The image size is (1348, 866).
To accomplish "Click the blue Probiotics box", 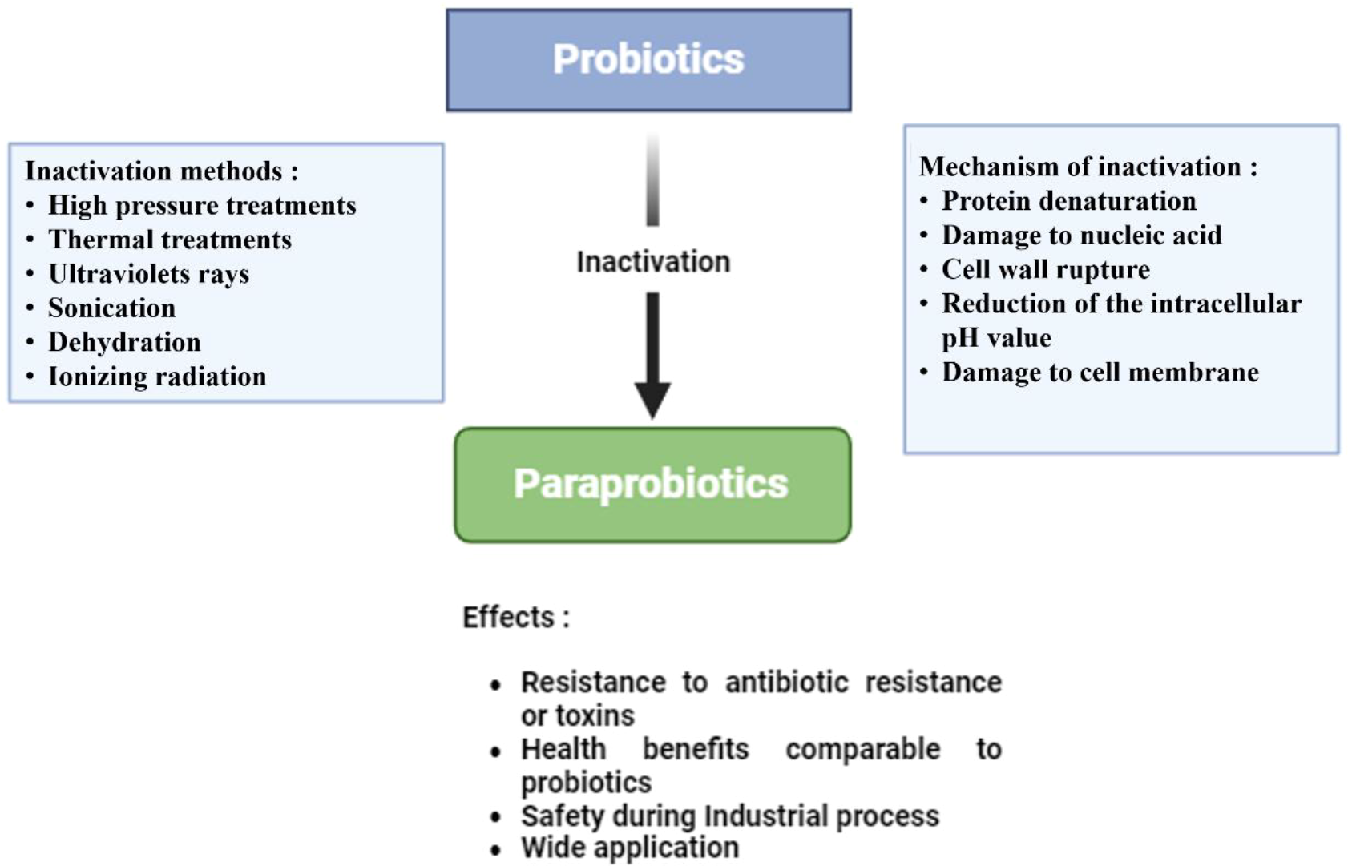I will click(x=648, y=60).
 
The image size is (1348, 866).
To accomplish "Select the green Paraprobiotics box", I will click(x=652, y=485).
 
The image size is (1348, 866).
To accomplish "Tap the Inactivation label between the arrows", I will click(x=653, y=262).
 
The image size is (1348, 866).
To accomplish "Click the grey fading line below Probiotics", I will click(x=653, y=180).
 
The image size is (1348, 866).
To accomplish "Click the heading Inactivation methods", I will click(x=161, y=171).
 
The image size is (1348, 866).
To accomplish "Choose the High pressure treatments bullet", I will click(x=202, y=206).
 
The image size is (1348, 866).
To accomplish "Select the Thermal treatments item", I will click(x=170, y=240).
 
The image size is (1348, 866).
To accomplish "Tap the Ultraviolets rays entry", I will click(x=149, y=274).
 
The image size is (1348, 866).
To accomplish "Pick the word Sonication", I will click(x=111, y=308).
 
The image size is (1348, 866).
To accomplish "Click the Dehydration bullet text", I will click(x=124, y=343).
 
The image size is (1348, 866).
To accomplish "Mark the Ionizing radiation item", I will click(x=157, y=377).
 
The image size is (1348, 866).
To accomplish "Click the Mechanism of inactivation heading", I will click(x=1088, y=167).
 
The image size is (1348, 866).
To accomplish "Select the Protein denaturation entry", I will click(x=1068, y=201).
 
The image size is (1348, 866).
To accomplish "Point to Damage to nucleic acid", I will click(x=1081, y=236).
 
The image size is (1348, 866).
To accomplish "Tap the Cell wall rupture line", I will click(x=1045, y=270).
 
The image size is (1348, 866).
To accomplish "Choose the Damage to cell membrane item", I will click(x=1100, y=373).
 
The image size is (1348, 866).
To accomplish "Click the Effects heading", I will click(x=515, y=618).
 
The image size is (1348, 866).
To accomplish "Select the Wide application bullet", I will click(x=629, y=848).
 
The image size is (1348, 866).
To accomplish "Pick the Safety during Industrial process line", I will click(x=729, y=816).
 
